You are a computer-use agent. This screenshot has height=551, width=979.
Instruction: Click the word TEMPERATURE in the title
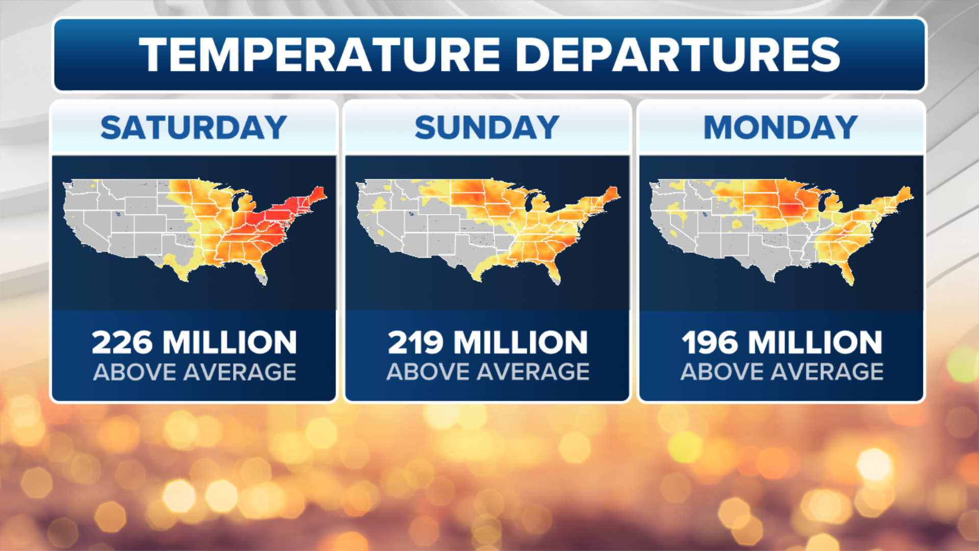320,55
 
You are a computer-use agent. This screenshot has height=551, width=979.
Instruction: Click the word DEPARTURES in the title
678,55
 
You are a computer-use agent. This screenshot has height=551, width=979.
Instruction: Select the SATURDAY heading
194,128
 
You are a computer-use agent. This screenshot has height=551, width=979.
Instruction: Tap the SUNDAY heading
487,128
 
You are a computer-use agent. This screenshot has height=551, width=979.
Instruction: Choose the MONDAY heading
781,128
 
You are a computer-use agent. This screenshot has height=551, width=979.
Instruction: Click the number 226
122,342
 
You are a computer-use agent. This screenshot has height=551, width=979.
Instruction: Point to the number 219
416,342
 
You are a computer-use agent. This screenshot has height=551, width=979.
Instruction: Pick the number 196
710,342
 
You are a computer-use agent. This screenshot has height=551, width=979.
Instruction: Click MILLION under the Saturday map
230,342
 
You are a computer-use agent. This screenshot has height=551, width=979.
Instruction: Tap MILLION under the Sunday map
521,342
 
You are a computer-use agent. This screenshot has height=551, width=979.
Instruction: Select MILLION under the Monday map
815,342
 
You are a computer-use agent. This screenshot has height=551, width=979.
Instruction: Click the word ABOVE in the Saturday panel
134,372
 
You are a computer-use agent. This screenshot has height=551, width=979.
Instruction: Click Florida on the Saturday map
261,272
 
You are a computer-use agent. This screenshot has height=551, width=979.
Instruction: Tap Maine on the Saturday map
319,194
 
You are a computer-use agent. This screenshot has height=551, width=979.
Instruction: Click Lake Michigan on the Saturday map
236,202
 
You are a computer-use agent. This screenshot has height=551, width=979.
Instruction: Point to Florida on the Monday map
847,273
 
